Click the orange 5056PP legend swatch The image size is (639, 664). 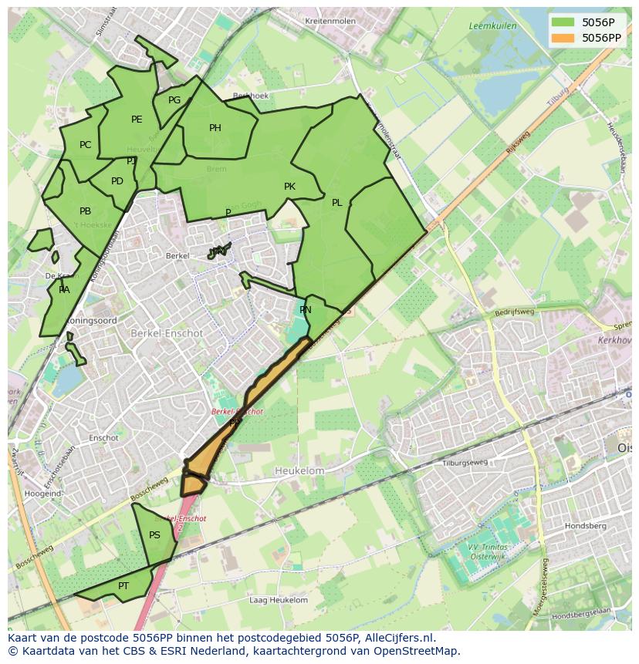pos(563,38)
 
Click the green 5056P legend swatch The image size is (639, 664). pos(563,22)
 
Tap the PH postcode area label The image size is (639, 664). pos(215,128)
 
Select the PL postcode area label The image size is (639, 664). pos(337,203)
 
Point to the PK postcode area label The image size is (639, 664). pos(289,187)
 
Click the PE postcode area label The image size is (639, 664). pos(137,120)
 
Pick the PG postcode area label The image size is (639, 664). pos(174,100)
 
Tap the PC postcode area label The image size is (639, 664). pos(85,145)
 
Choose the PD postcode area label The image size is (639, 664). pos(117,181)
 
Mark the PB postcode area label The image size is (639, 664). pos(85,211)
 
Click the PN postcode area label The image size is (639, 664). pos(306,310)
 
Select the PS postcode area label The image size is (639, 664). pos(154,535)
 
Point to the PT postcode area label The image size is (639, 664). pos(123,586)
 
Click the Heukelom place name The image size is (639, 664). pos(299,470)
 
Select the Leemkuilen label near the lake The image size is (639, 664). pos(492,26)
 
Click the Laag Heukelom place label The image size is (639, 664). pos(279,600)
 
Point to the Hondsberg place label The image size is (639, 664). pos(585,526)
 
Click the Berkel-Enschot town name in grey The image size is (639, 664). pos(167,333)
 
